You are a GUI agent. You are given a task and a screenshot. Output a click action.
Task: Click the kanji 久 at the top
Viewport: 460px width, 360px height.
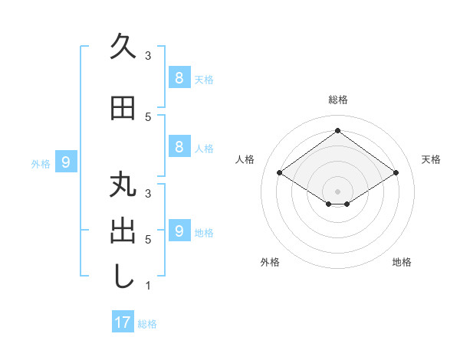click(123, 47)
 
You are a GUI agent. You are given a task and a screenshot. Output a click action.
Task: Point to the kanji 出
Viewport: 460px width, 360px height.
click(123, 231)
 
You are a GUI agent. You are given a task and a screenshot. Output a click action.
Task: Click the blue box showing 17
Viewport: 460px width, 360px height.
click(123, 322)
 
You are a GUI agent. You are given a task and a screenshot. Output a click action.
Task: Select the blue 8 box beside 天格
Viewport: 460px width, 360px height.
click(179, 77)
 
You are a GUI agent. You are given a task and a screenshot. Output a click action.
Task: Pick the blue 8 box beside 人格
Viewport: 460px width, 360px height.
click(179, 147)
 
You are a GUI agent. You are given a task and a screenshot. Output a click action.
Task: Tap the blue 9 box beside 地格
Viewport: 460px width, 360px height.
click(179, 231)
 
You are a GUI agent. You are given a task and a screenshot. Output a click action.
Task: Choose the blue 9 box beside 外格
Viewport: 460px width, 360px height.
click(66, 162)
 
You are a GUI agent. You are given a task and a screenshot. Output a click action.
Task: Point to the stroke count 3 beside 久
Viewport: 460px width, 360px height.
click(148, 56)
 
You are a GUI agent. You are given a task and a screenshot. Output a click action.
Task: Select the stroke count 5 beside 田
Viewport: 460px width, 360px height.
click(148, 116)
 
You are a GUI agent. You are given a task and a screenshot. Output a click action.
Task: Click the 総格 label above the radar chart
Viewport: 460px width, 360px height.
click(337, 100)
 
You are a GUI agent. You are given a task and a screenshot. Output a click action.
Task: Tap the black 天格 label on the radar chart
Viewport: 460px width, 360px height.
click(431, 159)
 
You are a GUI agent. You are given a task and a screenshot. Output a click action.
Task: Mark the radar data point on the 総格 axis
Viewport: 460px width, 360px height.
click(337, 131)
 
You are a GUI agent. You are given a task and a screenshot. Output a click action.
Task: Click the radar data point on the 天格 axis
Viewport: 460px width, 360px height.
click(396, 173)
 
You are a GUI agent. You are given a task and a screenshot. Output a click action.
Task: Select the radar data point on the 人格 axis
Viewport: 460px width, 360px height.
click(279, 173)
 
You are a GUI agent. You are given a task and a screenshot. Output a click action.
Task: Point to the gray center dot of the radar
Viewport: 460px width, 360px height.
click(337, 191)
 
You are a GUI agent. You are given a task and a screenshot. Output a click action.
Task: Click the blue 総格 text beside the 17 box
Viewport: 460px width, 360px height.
click(147, 324)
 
